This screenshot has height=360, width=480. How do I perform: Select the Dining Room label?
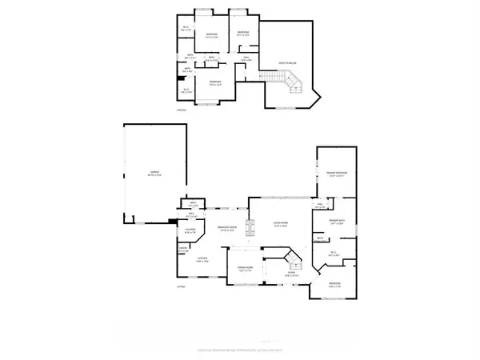pyautogui.click(x=245, y=270)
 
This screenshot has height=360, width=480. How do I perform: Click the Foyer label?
pyautogui.click(x=291, y=273)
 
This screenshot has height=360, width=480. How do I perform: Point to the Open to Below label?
pyautogui.click(x=288, y=62)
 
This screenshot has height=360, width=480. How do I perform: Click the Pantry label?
pyautogui.click(x=183, y=250)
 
